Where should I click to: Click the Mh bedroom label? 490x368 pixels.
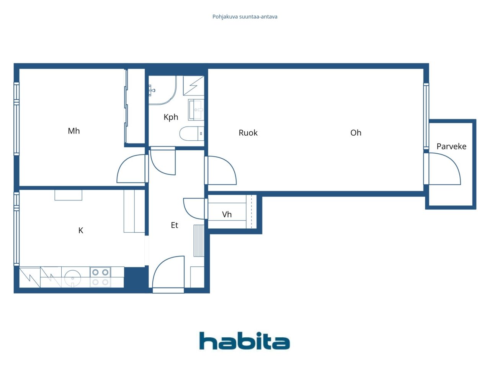(73, 131)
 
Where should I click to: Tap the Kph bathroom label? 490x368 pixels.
(171, 117)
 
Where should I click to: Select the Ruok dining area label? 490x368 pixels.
(248, 133)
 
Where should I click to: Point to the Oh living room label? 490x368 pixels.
(356, 133)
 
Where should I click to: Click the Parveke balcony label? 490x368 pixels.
(451, 146)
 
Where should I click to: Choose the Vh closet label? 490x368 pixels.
(227, 214)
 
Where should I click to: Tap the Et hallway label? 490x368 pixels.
(174, 225)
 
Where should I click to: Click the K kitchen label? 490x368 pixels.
(81, 230)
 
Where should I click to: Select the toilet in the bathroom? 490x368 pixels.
(191, 133)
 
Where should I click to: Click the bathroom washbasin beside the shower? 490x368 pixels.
(196, 110)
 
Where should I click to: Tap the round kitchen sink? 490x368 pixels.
(72, 277)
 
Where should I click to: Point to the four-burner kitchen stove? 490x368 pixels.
(100, 277)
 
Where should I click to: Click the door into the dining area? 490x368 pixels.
(221, 170)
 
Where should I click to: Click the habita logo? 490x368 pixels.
(245, 341)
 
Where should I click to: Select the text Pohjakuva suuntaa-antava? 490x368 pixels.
(245, 16)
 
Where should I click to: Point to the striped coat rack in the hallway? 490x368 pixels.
(199, 241)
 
